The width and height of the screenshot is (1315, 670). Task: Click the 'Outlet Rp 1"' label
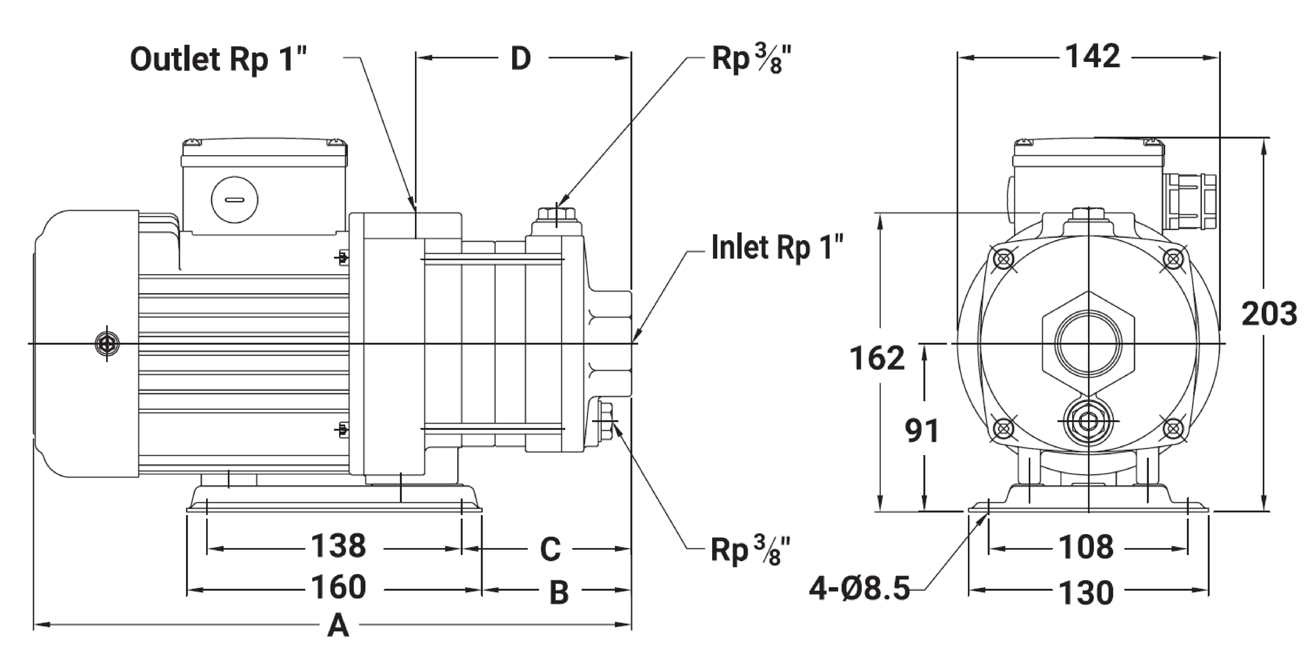(x=218, y=60)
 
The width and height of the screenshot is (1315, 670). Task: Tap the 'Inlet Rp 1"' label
(x=777, y=248)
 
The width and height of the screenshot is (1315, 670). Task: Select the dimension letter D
(x=521, y=59)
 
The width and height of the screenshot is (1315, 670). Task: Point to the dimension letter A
(x=338, y=626)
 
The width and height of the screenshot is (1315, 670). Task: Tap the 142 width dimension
(x=1093, y=56)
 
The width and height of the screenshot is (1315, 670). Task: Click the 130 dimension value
(x=1086, y=593)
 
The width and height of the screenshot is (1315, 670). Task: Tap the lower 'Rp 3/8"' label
(x=751, y=551)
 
